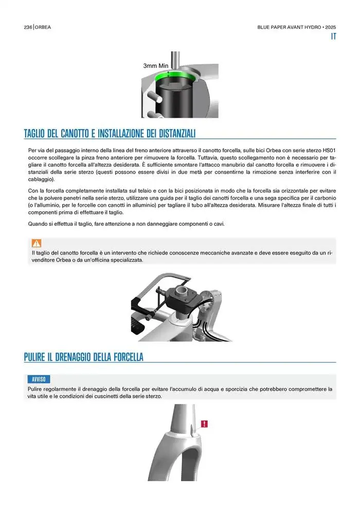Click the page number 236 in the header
click(28, 27)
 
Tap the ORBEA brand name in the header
click(43, 27)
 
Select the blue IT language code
click(333, 37)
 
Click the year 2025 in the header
click(331, 27)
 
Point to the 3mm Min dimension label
click(156, 66)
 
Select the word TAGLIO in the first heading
click(34, 133)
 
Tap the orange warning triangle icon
click(37, 243)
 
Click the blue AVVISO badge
click(39, 379)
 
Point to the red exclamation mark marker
click(204, 424)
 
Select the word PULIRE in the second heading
click(34, 357)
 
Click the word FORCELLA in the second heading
click(129, 357)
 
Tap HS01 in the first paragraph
click(329, 151)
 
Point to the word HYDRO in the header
click(313, 27)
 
